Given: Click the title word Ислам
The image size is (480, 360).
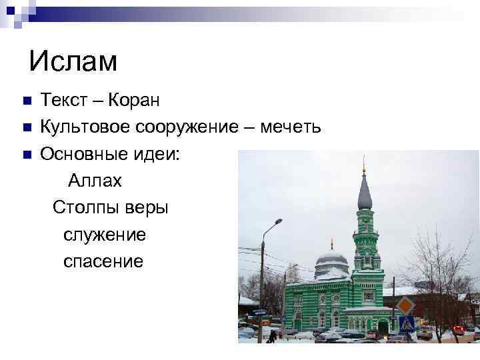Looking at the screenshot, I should [73, 61].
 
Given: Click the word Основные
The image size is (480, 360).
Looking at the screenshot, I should [82, 155].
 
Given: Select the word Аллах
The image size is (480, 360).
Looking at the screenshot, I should [94, 180].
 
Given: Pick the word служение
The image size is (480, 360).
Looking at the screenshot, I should [105, 235].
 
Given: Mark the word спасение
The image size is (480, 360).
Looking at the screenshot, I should [103, 261].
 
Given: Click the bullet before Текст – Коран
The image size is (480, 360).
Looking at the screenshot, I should [27, 102].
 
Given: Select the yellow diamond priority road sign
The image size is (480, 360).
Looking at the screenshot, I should [405, 306].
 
